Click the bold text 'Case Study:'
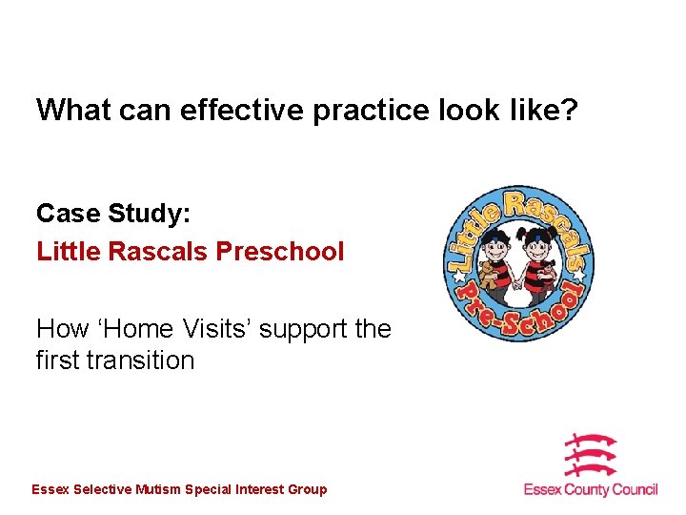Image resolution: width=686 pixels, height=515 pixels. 108,213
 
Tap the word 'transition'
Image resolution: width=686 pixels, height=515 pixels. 141,360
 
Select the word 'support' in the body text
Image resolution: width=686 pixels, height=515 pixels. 302,329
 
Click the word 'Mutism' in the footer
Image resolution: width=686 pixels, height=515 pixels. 158,489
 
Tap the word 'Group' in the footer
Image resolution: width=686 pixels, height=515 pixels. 306,489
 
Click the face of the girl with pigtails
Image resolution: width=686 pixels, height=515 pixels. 539,242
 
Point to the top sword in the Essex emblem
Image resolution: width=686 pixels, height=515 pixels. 591,442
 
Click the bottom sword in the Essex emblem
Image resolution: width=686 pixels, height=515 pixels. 591,469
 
